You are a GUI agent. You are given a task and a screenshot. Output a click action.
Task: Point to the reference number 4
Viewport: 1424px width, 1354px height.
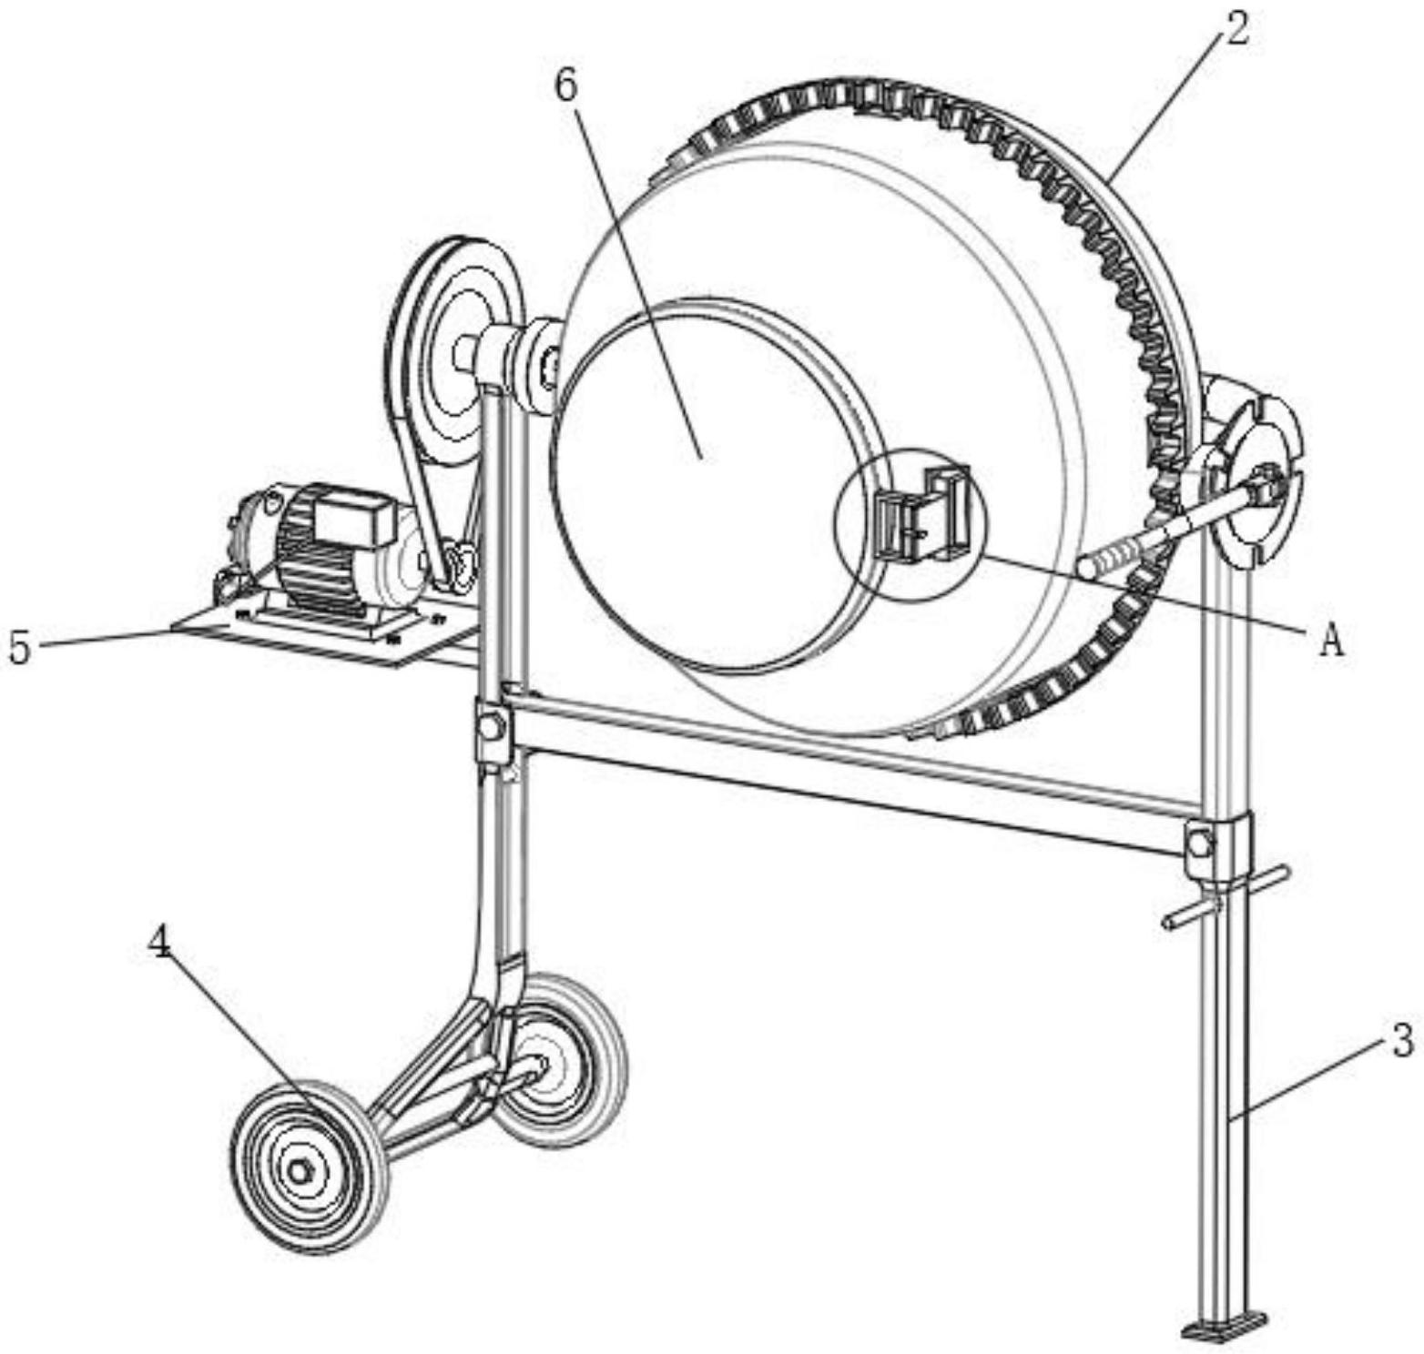point(159,944)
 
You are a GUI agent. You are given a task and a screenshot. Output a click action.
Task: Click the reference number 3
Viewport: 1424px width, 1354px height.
point(1402,1040)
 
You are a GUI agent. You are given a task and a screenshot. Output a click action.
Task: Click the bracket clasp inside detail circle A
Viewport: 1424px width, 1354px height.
point(921,514)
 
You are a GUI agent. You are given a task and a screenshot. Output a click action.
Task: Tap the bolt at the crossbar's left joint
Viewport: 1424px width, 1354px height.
point(493,726)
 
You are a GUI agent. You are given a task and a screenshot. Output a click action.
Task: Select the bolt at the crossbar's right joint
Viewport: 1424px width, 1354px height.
point(1201,844)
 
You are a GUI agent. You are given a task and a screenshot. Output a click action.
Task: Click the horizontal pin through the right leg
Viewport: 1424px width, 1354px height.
point(1226,897)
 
